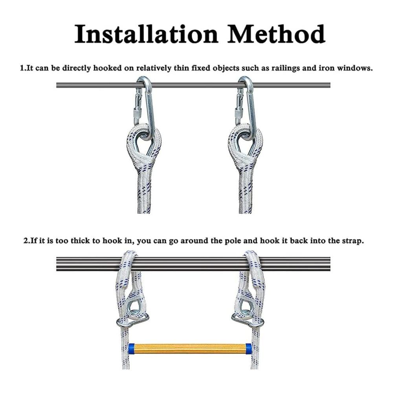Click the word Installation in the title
146,34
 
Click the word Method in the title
276,34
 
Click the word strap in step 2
351,241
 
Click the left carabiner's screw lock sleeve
138,113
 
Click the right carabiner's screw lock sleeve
239,113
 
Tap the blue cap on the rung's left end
131,348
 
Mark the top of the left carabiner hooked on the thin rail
144,78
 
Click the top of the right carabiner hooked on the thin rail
245,78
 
